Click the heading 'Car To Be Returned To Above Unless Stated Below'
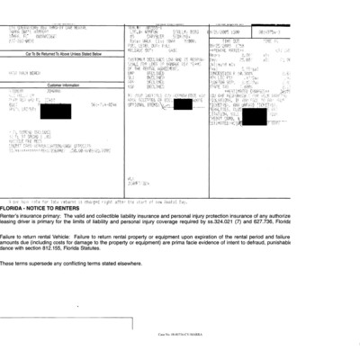(x=60, y=53)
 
